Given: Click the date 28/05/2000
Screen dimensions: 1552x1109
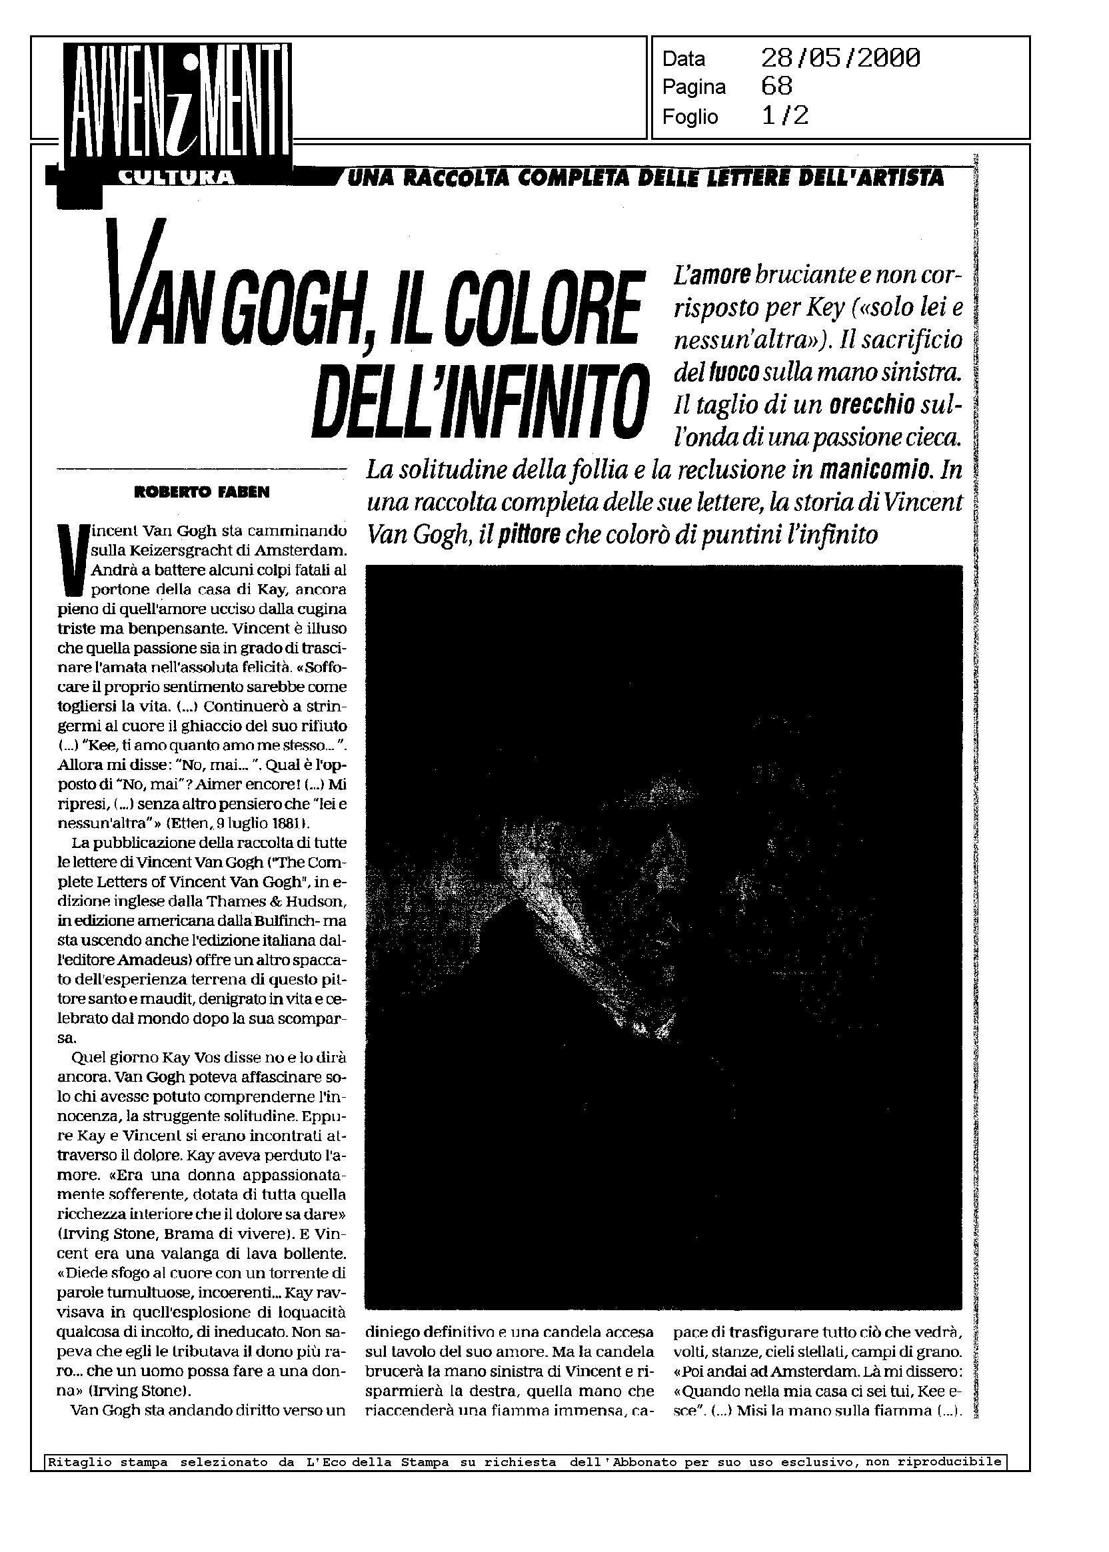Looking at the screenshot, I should click(840, 59).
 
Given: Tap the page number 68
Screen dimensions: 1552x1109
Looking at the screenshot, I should click(776, 87).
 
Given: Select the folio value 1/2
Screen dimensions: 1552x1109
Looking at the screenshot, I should click(784, 116).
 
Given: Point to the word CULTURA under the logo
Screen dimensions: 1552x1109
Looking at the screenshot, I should click(176, 178).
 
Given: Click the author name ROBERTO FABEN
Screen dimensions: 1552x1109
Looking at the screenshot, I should click(202, 492).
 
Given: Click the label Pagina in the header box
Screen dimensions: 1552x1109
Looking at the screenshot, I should click(694, 88).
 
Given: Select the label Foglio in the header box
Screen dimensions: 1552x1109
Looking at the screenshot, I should click(690, 117).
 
